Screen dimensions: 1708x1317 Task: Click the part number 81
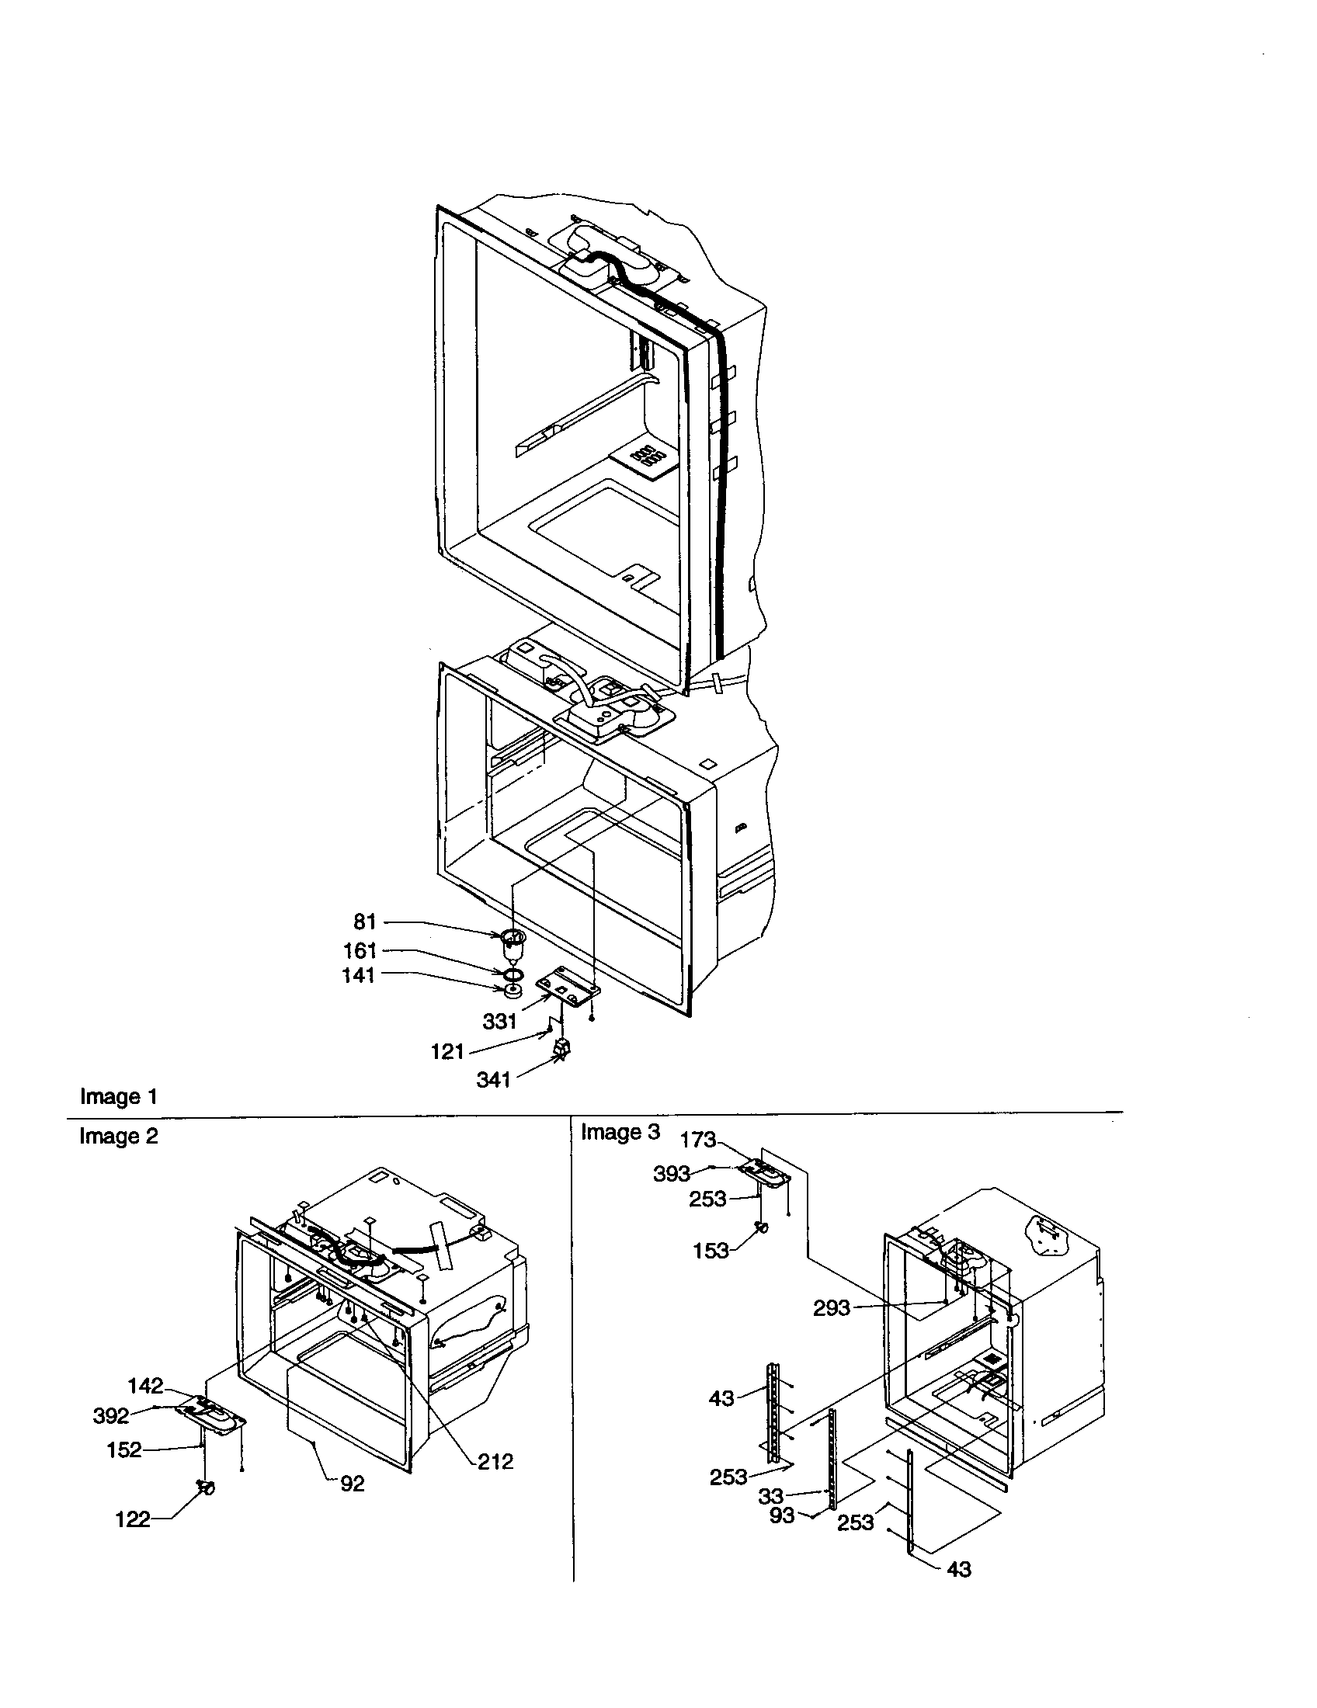click(365, 922)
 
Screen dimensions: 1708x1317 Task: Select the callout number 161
click(360, 951)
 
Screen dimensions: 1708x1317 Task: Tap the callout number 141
click(358, 975)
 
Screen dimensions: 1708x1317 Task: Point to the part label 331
click(500, 1022)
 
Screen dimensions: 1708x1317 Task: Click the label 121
click(447, 1052)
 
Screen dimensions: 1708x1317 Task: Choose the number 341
click(493, 1080)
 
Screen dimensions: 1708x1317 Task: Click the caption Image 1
click(119, 1096)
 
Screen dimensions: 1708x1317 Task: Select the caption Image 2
click(118, 1137)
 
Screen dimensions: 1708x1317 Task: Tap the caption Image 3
click(620, 1133)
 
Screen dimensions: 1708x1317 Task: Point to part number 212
click(495, 1461)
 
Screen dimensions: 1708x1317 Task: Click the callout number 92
click(353, 1484)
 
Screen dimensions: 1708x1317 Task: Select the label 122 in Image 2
click(132, 1519)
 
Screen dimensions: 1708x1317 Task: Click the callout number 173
click(698, 1140)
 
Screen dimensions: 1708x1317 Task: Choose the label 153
click(711, 1251)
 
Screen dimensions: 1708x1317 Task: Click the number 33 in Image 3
click(771, 1496)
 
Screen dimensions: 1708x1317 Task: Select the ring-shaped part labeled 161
click(513, 974)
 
